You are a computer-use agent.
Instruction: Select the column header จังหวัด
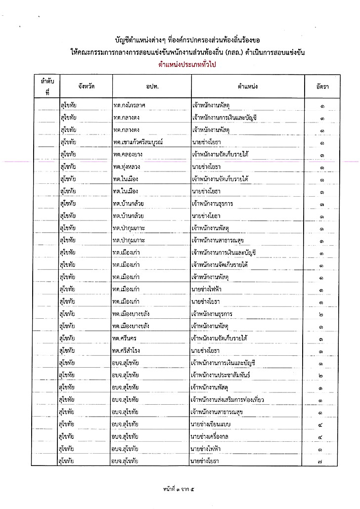pyautogui.click(x=86, y=86)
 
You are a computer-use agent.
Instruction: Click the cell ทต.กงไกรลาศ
pyautogui.click(x=131, y=105)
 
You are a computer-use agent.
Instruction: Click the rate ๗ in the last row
pyautogui.click(x=321, y=462)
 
